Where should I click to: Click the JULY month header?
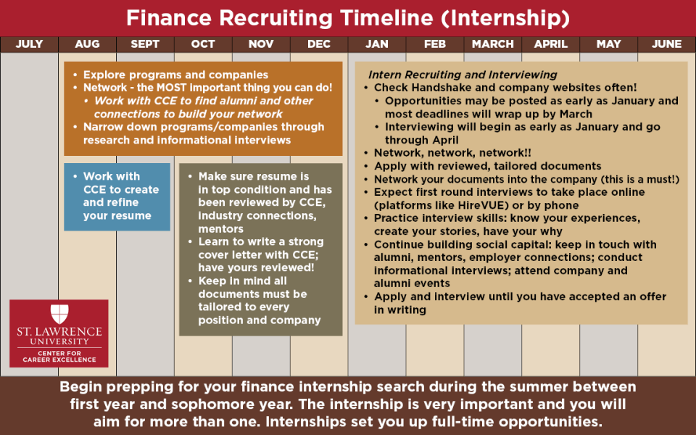coord(29,44)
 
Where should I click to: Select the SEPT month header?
coord(145,44)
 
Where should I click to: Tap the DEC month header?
coord(319,44)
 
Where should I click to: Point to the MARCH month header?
coord(493,44)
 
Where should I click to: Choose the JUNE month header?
coord(667,44)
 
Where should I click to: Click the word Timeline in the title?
coord(386,18)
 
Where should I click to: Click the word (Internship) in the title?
coord(505,19)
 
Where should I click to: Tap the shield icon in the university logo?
coord(59,314)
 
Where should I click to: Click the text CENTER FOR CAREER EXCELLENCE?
coord(59,357)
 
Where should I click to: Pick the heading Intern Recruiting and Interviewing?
coord(463,75)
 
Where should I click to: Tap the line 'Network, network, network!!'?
coord(452,153)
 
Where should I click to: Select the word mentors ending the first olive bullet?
coord(220,229)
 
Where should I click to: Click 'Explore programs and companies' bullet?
coord(175,75)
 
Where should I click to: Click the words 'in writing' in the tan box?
coord(400,310)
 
